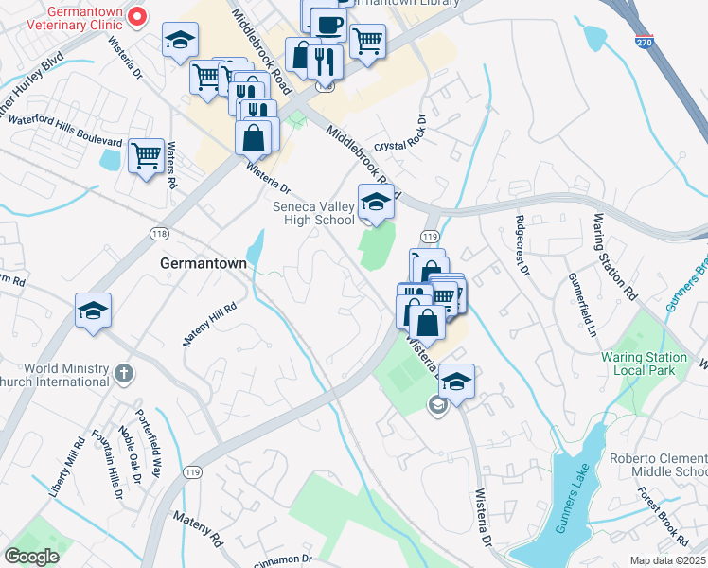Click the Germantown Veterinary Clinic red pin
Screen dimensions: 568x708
coord(138,15)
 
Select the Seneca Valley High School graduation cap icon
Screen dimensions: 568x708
coord(376,203)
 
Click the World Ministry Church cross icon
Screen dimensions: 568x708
coord(124,372)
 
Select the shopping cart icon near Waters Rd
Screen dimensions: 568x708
coord(146,155)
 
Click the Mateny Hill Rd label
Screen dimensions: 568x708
coord(209,324)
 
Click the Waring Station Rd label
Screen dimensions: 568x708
coord(611,250)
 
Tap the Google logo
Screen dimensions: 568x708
coord(31,557)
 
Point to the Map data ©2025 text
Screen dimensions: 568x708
coord(668,560)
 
